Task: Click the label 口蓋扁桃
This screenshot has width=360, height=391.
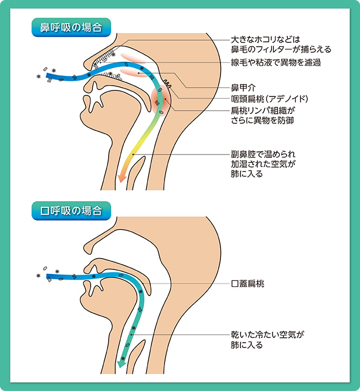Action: (248, 284)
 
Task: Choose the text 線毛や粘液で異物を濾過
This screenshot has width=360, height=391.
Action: (275, 62)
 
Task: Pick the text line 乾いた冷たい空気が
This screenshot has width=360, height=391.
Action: (266, 335)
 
